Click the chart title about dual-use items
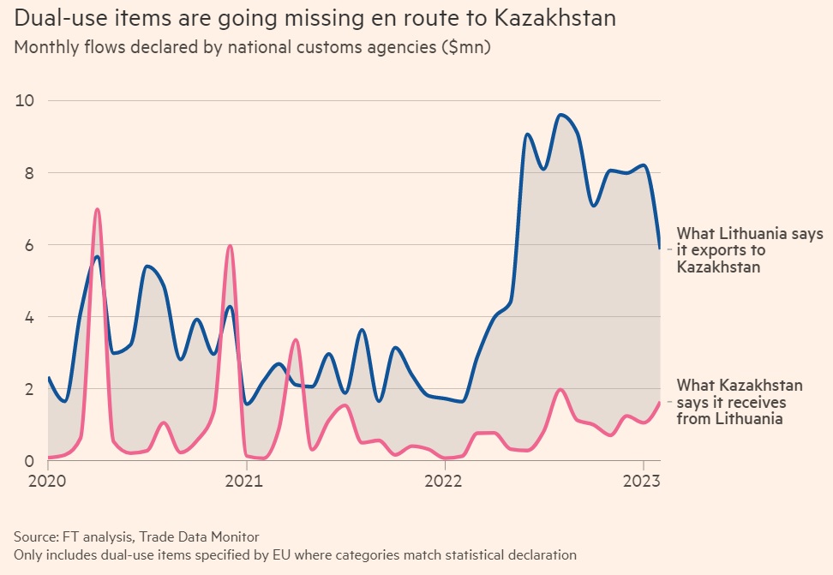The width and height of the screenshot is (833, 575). (315, 18)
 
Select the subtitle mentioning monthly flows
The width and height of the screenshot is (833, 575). (251, 47)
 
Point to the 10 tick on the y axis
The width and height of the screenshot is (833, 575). (24, 100)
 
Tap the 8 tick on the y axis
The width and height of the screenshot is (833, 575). (28, 172)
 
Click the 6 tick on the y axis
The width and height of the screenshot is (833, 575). (28, 245)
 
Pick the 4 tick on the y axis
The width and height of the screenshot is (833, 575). (28, 317)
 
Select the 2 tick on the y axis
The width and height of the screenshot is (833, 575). (28, 389)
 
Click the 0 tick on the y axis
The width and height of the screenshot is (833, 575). (28, 461)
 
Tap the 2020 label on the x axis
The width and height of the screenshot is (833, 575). (48, 479)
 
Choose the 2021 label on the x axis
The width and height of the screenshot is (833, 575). (246, 479)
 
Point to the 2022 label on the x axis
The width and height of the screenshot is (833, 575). (445, 479)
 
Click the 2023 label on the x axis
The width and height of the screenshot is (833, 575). (643, 479)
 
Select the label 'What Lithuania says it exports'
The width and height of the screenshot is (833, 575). (749, 250)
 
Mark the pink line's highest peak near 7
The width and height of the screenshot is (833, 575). (97, 209)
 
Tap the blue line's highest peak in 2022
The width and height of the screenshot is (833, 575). (560, 115)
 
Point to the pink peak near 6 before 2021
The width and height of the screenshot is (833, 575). (230, 246)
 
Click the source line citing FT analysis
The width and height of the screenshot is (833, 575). (136, 536)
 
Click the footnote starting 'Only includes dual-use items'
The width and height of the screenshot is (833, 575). (295, 554)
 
